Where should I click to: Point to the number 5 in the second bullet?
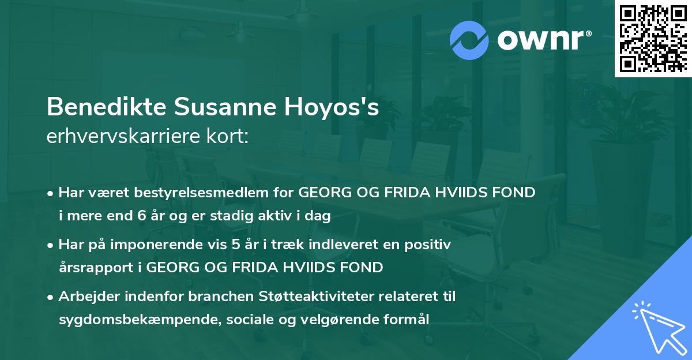tap(235, 245)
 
